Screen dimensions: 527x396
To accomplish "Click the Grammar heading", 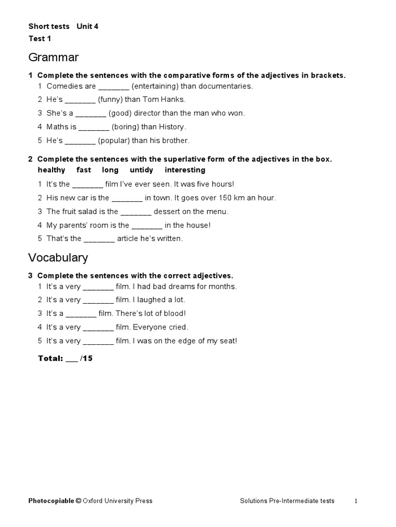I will click(x=54, y=57).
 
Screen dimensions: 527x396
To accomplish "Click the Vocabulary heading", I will click(x=58, y=257).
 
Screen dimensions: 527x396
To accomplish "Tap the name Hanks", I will click(x=173, y=100).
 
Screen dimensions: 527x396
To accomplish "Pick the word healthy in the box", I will click(x=52, y=170).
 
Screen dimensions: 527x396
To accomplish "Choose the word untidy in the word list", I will click(x=141, y=170).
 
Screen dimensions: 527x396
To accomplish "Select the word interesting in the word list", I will click(x=185, y=170).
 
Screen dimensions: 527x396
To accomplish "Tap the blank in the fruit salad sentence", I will click(x=136, y=212).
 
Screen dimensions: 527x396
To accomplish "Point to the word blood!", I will click(x=174, y=313).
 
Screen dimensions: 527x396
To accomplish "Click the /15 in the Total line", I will click(x=87, y=358).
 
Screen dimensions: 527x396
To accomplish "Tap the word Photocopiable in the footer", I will click(x=51, y=501).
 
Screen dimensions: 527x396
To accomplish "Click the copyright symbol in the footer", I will click(x=78, y=501).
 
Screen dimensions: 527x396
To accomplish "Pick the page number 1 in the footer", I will click(x=356, y=501).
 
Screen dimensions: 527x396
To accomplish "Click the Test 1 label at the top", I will click(x=40, y=39).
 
